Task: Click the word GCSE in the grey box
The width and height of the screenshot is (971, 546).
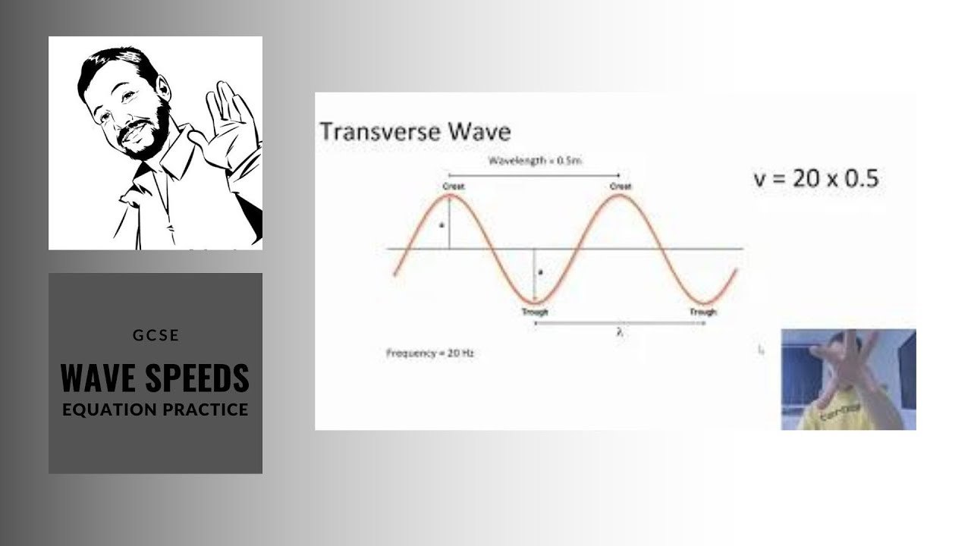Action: click(155, 334)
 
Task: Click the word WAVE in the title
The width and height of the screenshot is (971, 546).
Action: click(99, 378)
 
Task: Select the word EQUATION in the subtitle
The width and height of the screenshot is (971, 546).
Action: click(108, 409)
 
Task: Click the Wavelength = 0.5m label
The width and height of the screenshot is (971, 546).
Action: click(534, 161)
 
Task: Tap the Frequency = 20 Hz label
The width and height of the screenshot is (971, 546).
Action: click(430, 353)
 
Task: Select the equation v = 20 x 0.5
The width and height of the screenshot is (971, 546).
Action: click(815, 179)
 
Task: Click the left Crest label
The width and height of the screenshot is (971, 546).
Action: click(454, 187)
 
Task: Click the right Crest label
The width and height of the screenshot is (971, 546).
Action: click(620, 187)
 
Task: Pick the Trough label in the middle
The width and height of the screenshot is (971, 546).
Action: click(535, 312)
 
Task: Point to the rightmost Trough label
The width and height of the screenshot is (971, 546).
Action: click(702, 312)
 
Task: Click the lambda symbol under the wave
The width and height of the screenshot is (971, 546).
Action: click(620, 332)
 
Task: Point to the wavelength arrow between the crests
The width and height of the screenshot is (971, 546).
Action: click(534, 174)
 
